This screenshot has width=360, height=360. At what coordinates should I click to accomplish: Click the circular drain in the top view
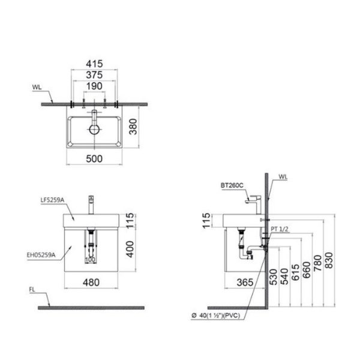click(x=95, y=129)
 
